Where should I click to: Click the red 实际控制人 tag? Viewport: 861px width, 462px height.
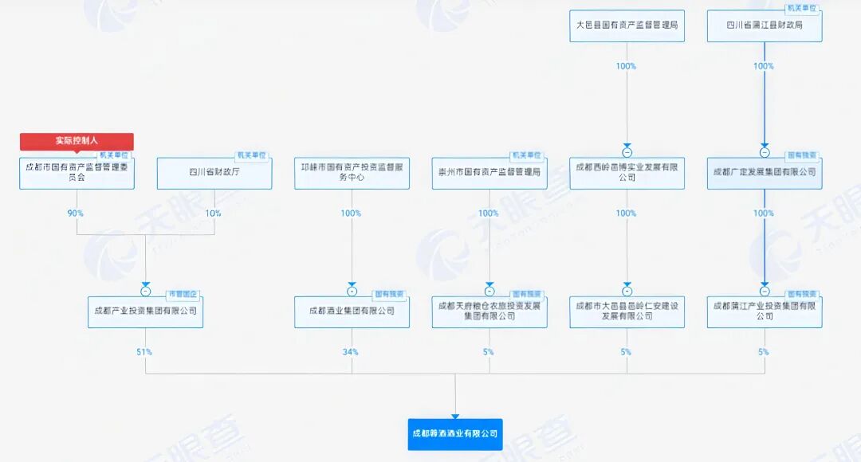point(77,141)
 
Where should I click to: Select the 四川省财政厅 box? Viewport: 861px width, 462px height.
point(214,172)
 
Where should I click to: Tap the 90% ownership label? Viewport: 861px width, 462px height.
point(76,213)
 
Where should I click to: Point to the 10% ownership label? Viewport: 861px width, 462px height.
point(214,213)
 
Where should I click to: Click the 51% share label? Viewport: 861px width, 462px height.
point(144,351)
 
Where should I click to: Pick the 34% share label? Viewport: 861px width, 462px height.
point(351,351)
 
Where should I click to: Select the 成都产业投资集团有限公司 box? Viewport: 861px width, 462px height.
point(145,311)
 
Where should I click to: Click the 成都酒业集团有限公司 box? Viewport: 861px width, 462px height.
point(352,311)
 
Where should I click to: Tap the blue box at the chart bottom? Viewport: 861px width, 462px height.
point(455,434)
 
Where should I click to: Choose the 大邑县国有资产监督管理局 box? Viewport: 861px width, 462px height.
point(627,25)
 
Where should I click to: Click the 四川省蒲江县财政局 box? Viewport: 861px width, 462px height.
point(765,25)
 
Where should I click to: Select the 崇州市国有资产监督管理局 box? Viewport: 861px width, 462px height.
point(489,172)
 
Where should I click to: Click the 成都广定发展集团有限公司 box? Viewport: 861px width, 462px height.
point(765,172)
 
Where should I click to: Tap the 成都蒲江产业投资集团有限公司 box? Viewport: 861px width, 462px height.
point(765,311)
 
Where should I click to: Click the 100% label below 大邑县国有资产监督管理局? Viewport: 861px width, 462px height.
point(626,66)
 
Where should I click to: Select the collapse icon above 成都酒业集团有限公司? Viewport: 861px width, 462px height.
point(352,291)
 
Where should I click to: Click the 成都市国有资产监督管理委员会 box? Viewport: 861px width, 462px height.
point(77,172)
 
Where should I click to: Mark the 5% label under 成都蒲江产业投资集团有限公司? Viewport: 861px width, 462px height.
point(764,351)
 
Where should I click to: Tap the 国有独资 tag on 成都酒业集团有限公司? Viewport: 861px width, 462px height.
point(391,294)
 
